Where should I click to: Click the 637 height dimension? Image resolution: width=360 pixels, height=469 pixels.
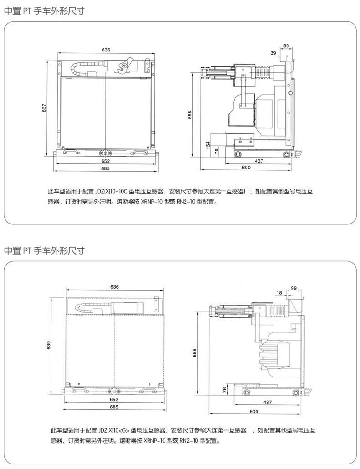coord(44,107)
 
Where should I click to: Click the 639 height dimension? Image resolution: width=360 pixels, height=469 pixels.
coord(49,345)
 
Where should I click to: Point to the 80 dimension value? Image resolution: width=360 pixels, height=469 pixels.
coord(286,46)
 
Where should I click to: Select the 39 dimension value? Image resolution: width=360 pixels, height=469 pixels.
coord(273,53)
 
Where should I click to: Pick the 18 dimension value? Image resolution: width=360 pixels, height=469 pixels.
coord(279,293)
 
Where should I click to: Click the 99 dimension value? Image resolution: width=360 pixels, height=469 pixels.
coord(293,288)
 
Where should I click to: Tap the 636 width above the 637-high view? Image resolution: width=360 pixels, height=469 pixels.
coord(106,50)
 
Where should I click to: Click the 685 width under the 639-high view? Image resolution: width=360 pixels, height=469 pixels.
coord(114,407)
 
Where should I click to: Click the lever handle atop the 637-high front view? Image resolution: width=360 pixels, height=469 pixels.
coord(126,65)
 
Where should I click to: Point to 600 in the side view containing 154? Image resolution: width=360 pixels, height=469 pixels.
coord(246,168)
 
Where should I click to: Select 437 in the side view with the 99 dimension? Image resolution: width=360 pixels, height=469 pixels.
coord(267,402)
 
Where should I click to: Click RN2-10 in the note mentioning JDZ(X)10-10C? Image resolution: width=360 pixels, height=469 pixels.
coord(186,201)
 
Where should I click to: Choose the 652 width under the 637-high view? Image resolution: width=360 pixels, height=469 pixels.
coord(106,161)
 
